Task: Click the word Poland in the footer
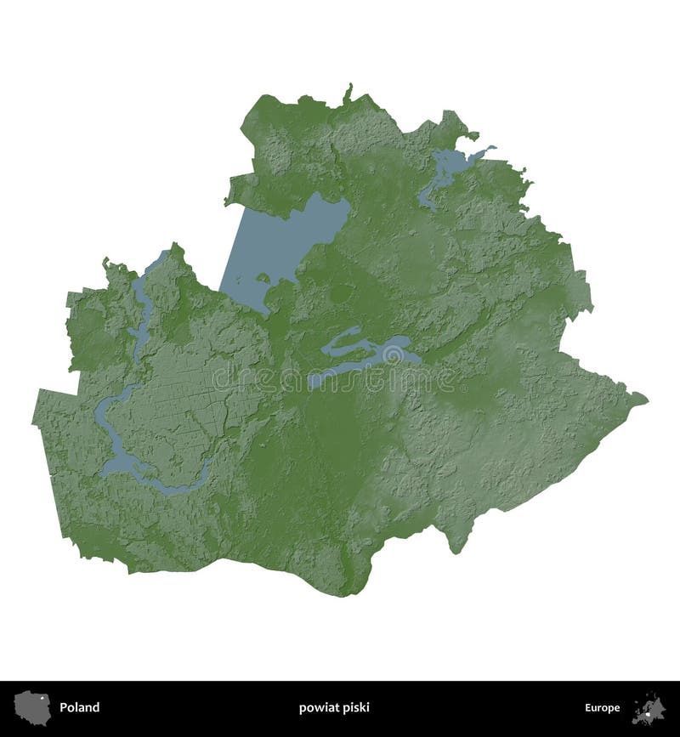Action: coord(79,707)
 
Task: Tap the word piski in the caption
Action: coord(356,707)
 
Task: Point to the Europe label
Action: coord(602,707)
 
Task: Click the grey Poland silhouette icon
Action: coord(33,707)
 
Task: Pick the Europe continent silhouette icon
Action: coord(649,707)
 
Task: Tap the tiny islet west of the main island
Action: coord(263,278)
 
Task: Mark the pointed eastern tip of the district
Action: coord(644,397)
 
